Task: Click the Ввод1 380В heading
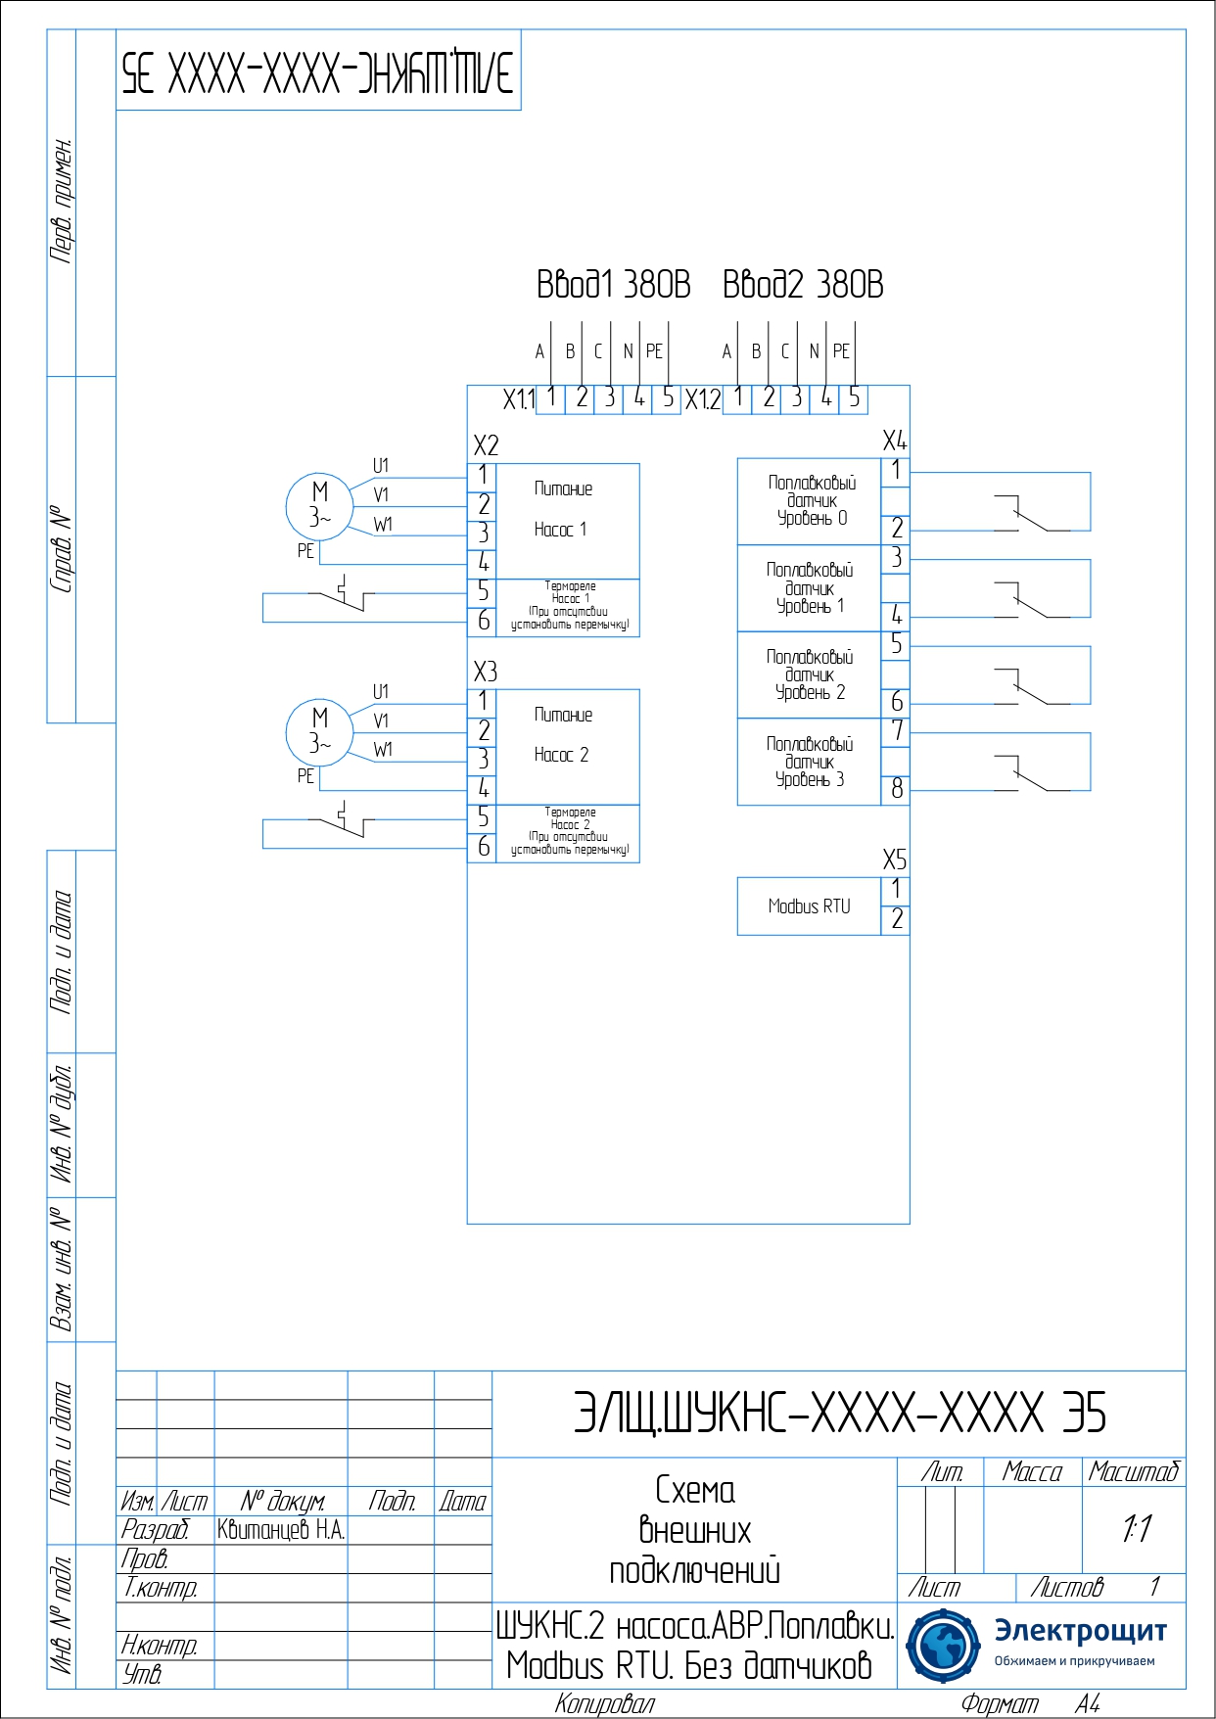[x=613, y=285]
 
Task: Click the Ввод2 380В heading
[x=803, y=285]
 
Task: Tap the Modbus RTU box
[x=809, y=906]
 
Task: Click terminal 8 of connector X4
[x=896, y=789]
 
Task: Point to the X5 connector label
[x=894, y=860]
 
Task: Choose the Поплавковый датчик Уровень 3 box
[x=809, y=762]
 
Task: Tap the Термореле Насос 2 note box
[x=569, y=832]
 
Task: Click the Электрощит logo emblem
[x=943, y=1646]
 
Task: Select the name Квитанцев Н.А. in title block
[x=281, y=1530]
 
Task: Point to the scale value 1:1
[x=1136, y=1529]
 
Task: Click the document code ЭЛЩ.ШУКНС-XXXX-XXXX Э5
[x=839, y=1413]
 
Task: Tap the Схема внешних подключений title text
[x=694, y=1530]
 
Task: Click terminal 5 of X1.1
[x=668, y=398]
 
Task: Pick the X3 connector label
[x=485, y=672]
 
